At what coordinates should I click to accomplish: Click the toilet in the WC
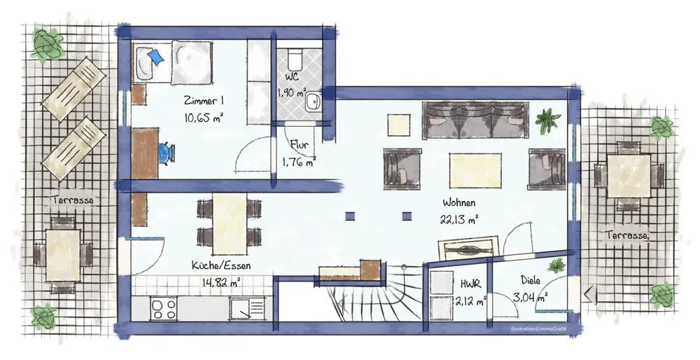[x=295, y=58]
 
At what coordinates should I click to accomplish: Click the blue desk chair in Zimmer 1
[x=166, y=153]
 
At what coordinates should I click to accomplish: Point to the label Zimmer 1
[x=203, y=101]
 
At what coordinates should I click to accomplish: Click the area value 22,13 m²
[x=458, y=219]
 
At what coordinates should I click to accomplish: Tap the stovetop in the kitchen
[x=164, y=308]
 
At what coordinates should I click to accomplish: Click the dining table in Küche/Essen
[x=230, y=223]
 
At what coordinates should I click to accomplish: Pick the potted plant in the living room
[x=548, y=120]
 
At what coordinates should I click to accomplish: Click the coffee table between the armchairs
[x=475, y=170]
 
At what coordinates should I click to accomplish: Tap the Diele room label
[x=531, y=280]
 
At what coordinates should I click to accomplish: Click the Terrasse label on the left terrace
[x=73, y=200]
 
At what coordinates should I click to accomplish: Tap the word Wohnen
[x=459, y=202]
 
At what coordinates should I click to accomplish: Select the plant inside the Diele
[x=556, y=265]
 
